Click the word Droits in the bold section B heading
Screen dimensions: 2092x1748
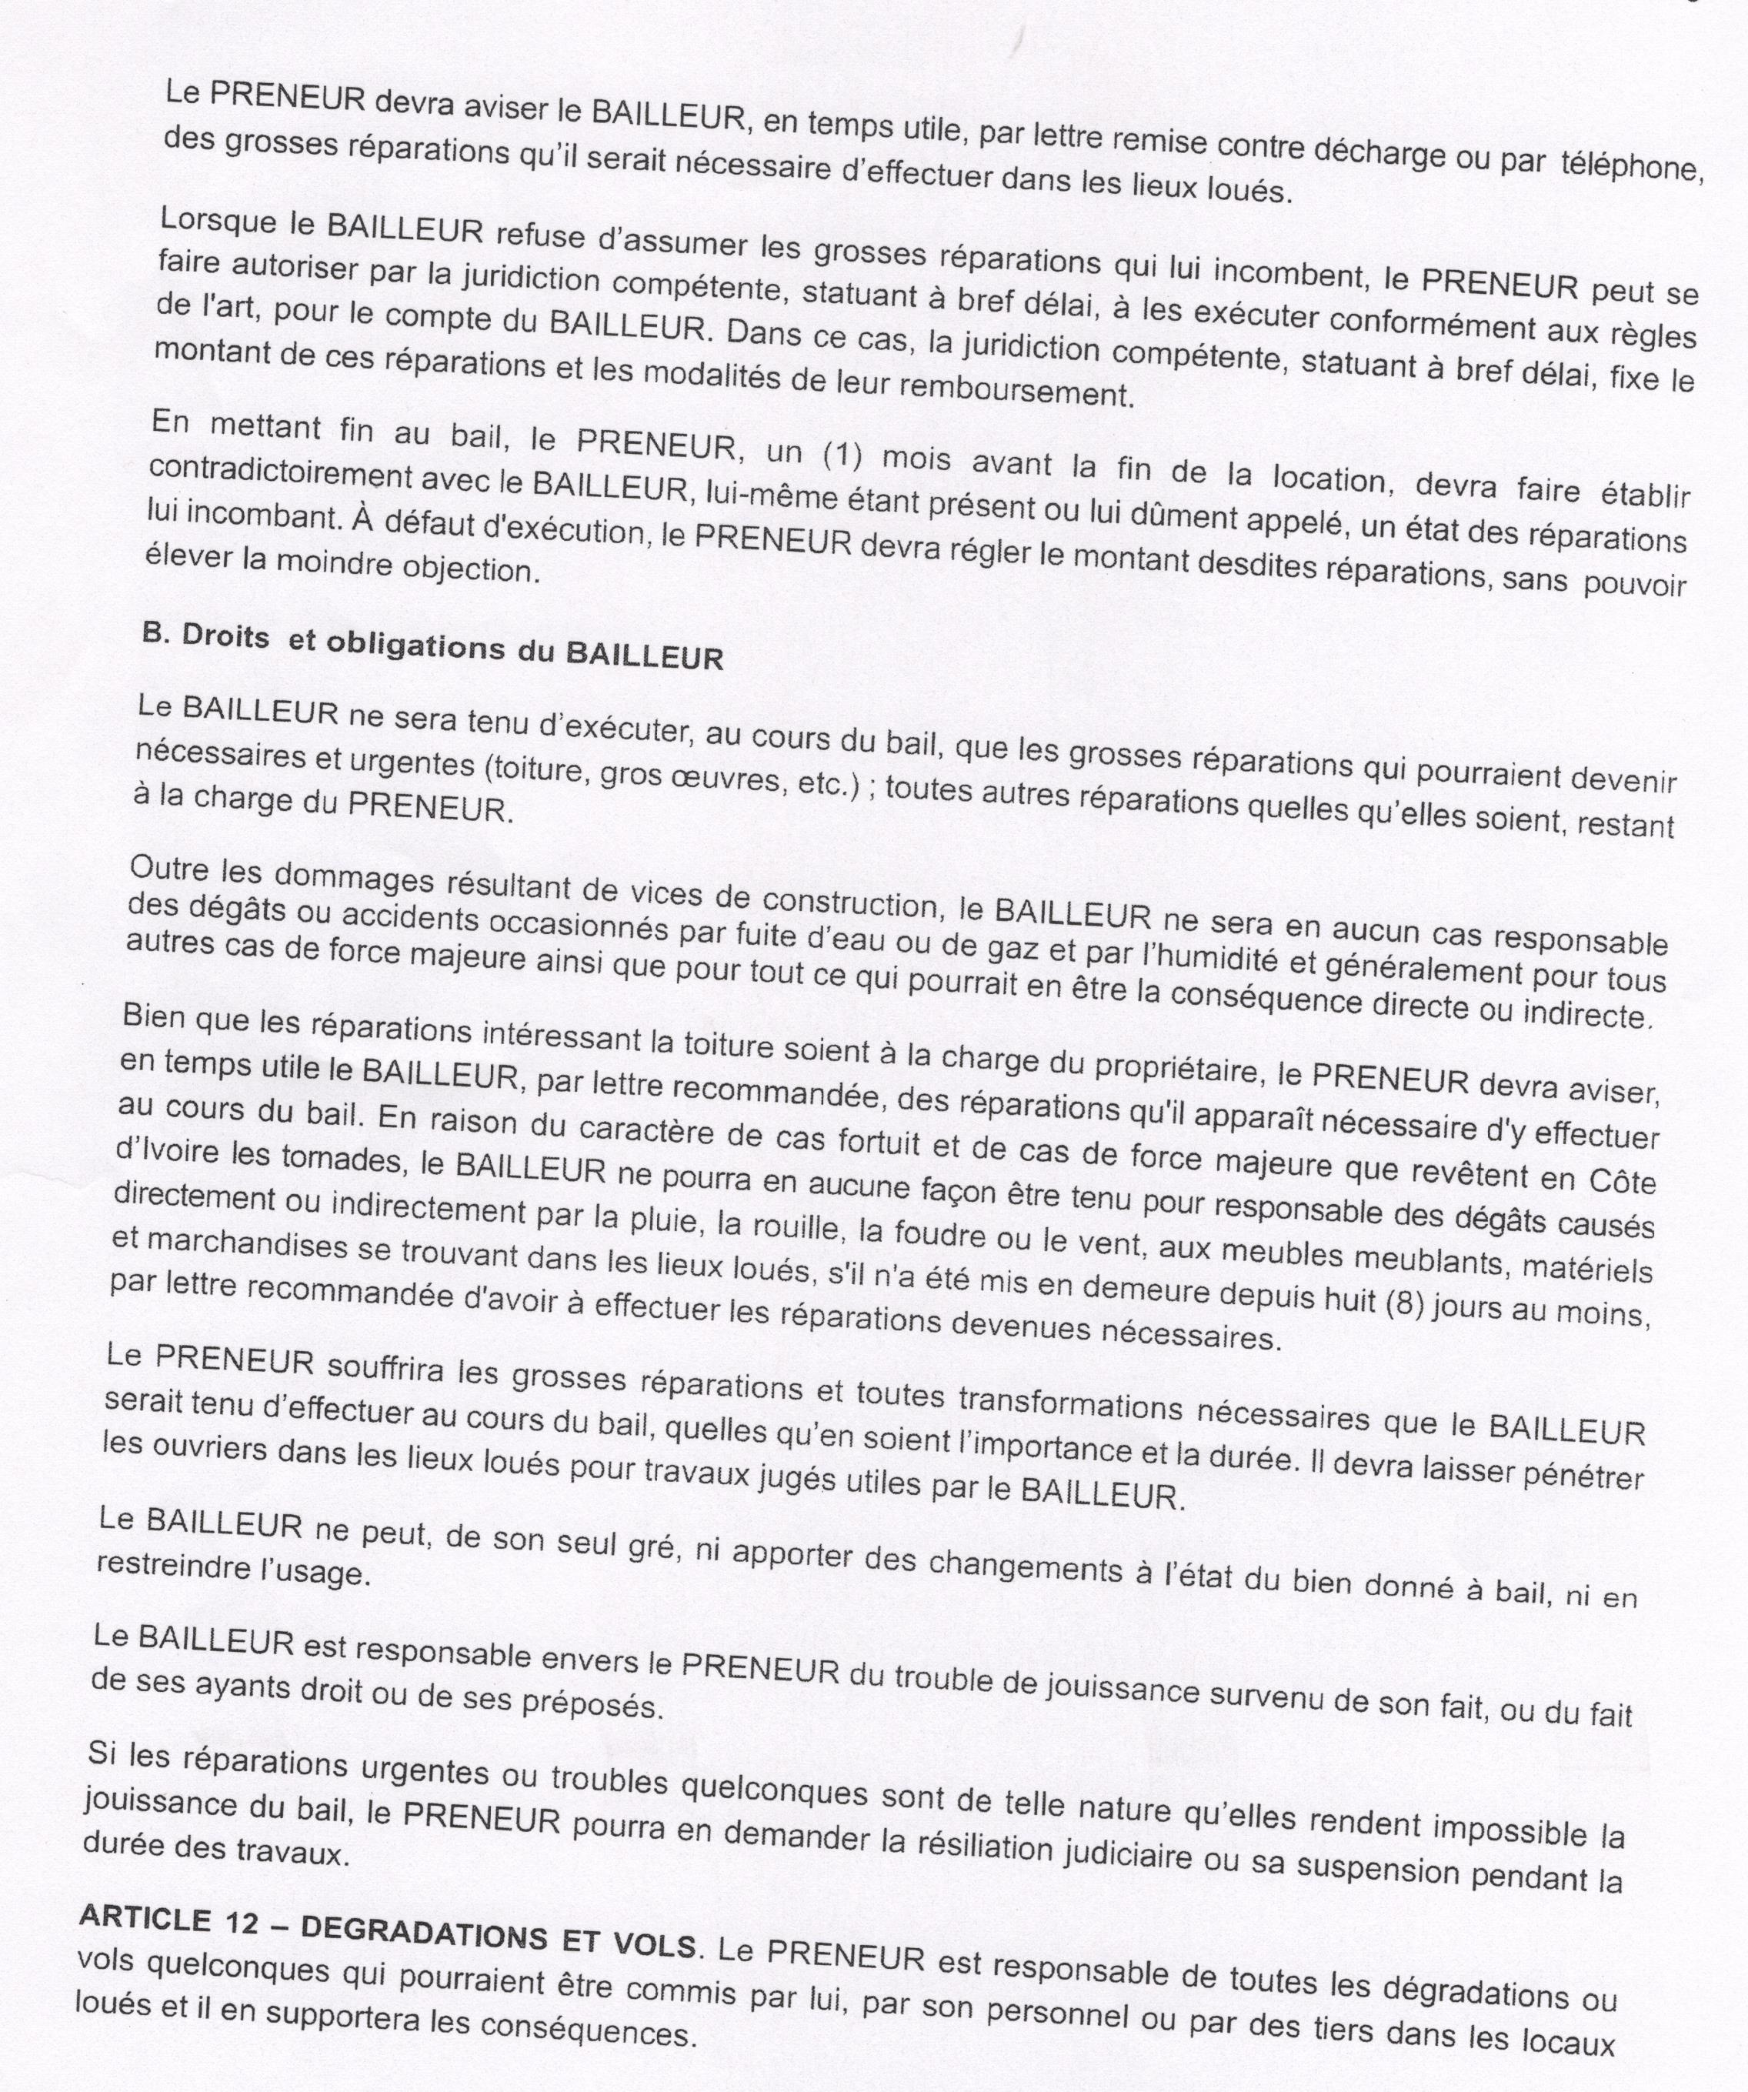point(225,639)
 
